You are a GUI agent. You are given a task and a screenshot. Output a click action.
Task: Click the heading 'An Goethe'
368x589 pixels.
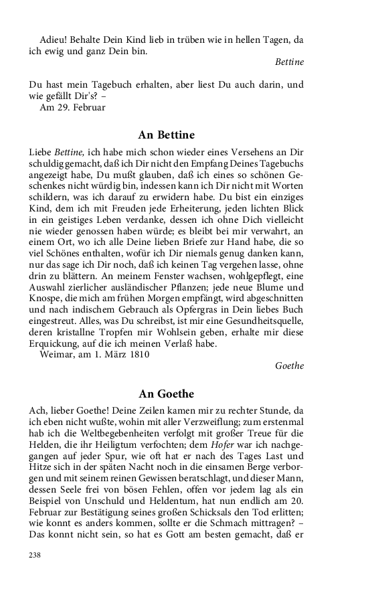(167, 394)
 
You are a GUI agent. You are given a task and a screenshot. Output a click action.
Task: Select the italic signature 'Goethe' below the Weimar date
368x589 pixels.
(290, 366)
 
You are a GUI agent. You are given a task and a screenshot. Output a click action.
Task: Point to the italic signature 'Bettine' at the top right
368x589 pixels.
(289, 62)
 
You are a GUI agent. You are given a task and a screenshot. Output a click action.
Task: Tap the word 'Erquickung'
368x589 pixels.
(57, 343)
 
